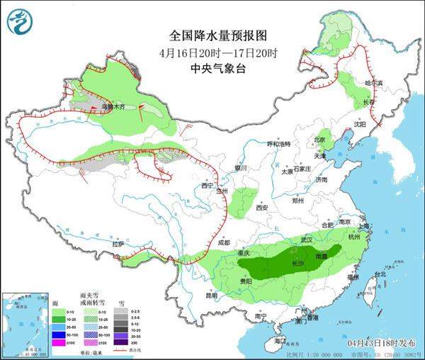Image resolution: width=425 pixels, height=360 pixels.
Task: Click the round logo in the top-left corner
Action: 21,23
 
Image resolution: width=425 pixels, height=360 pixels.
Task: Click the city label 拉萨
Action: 118,244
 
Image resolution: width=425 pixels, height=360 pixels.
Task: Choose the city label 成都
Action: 224,243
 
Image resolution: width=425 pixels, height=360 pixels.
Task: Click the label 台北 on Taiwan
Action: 380,274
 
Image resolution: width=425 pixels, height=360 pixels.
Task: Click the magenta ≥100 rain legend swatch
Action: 49,344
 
